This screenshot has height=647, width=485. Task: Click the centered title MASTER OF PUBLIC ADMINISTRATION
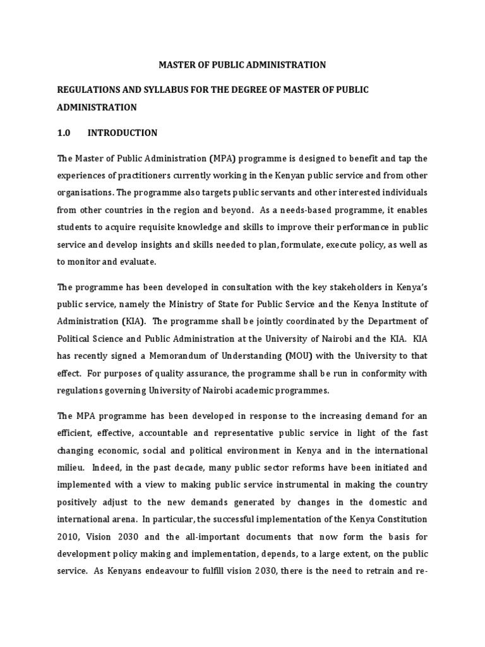pos(242,64)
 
